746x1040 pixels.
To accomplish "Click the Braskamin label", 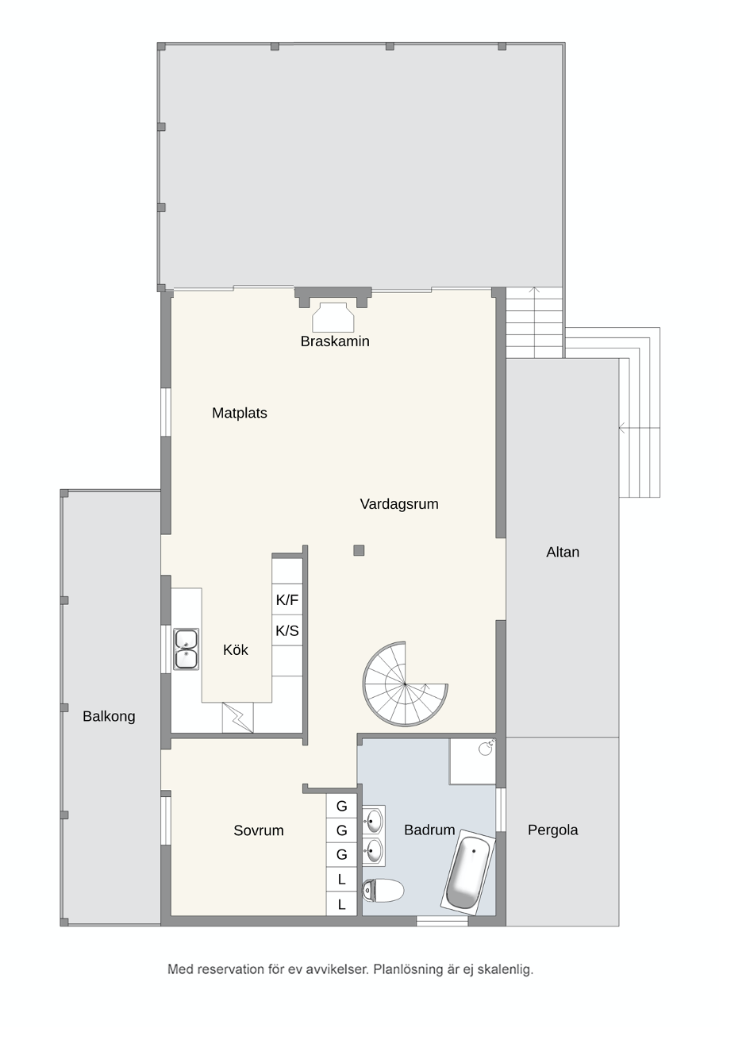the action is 335,341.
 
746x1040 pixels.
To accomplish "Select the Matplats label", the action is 240,413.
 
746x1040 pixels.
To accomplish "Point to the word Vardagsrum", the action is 399,504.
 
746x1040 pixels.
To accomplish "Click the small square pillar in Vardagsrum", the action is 359,551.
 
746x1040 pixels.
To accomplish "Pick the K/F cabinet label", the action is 287,600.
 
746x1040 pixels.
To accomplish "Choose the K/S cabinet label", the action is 287,631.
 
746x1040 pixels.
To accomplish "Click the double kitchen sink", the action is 186,649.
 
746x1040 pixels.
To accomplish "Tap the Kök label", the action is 236,650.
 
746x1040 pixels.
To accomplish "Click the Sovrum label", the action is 259,830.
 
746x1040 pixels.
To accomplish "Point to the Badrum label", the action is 429,830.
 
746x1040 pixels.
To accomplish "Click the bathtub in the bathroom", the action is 467,872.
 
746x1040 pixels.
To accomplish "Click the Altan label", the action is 563,552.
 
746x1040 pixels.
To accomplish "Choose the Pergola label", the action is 553,830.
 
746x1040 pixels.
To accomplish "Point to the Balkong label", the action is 109,716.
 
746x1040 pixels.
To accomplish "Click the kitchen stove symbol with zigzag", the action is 237,718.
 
